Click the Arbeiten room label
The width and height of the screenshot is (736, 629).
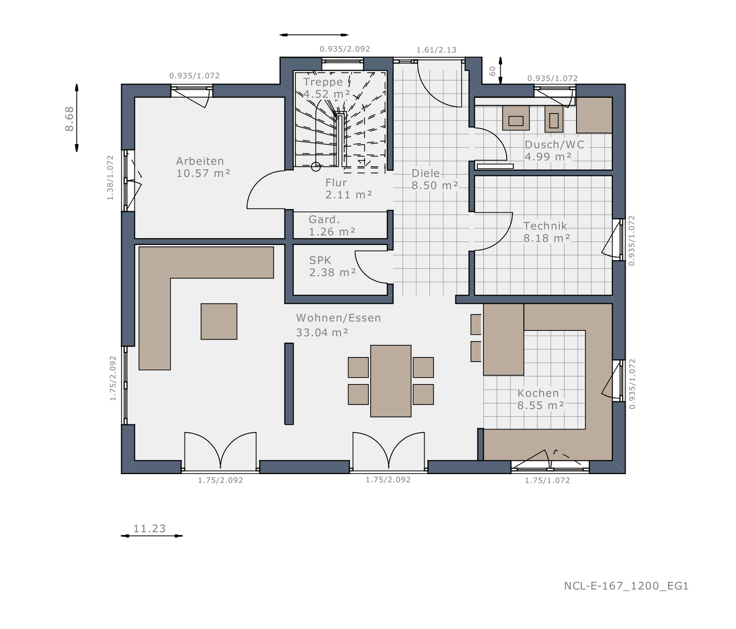pos(200,161)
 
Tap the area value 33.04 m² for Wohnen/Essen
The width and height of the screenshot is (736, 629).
pos(322,332)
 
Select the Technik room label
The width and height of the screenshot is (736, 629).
pos(545,226)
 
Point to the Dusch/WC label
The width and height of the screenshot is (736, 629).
pos(554,145)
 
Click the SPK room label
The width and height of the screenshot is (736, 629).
pos(320,260)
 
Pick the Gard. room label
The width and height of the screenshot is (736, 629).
pos(324,219)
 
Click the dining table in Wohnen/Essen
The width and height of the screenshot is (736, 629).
pos(390,381)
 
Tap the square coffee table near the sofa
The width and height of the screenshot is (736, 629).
pos(219,322)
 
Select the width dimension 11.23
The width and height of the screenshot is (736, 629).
pos(149,529)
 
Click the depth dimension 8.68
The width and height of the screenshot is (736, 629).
pos(70,119)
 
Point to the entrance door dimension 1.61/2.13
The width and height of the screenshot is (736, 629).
pos(436,50)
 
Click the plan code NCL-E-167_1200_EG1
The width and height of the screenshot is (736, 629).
pos(626,586)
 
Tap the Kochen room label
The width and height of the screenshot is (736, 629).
pos(538,393)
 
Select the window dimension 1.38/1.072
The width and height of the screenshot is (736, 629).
pos(110,177)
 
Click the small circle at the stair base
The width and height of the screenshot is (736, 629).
pos(316,167)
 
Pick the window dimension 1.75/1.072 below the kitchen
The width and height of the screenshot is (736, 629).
pos(547,480)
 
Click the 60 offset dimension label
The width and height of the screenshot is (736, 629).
pos(493,71)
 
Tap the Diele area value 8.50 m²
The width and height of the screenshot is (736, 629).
pos(435,186)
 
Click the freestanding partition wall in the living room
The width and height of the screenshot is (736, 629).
pos(289,384)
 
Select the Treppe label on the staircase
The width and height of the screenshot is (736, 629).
pos(323,82)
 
